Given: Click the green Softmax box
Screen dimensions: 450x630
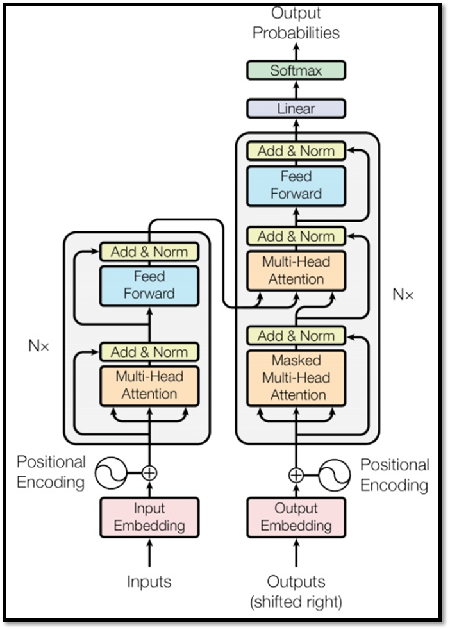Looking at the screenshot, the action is pos(296,70).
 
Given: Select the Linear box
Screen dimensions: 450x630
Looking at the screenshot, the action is pos(296,108).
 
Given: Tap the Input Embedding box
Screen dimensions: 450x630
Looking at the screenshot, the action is pos(149,517).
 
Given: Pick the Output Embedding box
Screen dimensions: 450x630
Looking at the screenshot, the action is pos(296,517).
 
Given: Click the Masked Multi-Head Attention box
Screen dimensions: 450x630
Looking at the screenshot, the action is pos(296,378).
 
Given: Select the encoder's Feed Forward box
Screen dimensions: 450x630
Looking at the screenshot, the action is pos(149,286).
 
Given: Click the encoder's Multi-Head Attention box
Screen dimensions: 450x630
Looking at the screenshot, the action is pos(149,386).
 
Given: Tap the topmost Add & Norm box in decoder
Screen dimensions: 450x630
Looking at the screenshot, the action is pos(296,151).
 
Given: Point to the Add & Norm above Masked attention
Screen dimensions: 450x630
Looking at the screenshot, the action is pos(296,335).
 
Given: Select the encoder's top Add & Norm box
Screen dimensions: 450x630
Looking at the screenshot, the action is pos(149,252).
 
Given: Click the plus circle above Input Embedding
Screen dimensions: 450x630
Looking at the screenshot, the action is pos(149,473).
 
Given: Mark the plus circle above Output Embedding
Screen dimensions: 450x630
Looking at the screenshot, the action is pos(296,476).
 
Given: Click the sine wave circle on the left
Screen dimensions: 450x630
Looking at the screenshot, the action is pos(110,473).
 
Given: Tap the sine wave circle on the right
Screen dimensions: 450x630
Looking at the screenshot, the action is pos(334,476).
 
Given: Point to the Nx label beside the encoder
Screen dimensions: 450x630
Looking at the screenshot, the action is pos(38,345).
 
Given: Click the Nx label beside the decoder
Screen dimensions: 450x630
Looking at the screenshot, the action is pos(403,295).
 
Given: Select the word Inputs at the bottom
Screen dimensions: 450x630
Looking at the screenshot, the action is pos(149,581).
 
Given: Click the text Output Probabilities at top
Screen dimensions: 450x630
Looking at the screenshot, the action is pos(296,23).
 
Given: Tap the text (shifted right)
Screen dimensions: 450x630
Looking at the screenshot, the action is pos(296,602).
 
